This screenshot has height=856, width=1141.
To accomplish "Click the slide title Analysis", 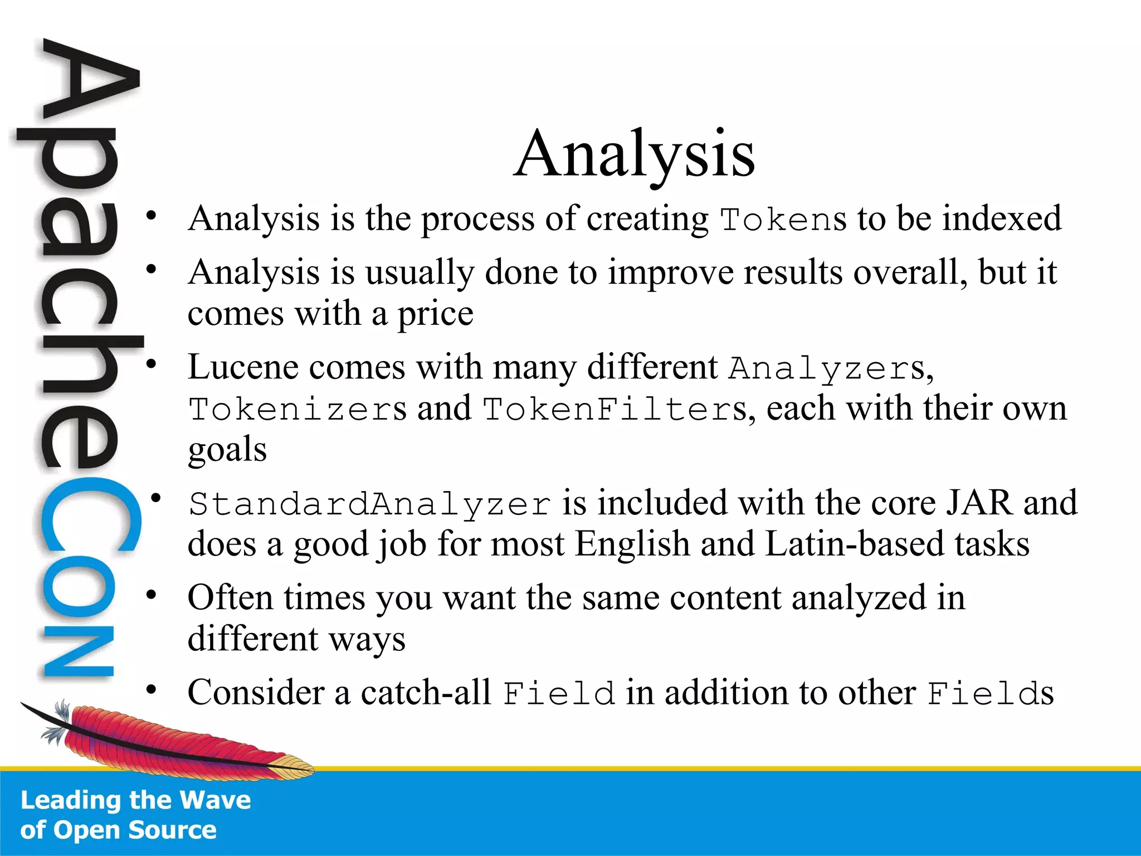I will pos(634,154).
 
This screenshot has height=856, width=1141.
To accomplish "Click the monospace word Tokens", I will pos(783,219).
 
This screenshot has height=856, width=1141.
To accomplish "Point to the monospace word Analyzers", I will pos(827,368).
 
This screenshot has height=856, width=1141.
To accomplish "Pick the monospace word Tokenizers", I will pos(298,410).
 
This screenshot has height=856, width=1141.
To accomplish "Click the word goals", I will pos(227,450).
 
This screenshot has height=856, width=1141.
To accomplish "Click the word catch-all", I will pos(426,693).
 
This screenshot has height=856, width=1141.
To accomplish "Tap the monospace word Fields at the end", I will pos(990,694).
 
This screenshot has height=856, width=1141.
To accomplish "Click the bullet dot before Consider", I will pos(151,690).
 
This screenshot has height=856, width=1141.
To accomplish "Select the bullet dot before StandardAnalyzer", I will pos(157,498).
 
